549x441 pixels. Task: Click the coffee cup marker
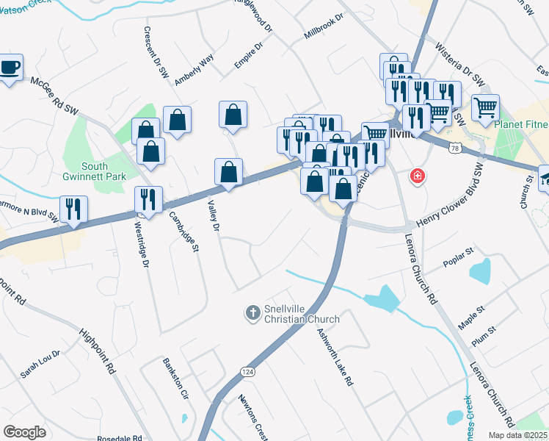coord(10,68)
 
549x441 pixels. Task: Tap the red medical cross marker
coord(418,176)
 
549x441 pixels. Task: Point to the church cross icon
coord(252,314)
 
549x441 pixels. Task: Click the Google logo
coord(24,432)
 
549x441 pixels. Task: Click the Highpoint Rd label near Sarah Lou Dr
coord(98,349)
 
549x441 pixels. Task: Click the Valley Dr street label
coord(214,217)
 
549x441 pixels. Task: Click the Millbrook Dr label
coord(324,26)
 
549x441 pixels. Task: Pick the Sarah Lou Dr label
coord(40,364)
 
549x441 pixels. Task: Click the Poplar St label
coord(460,262)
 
